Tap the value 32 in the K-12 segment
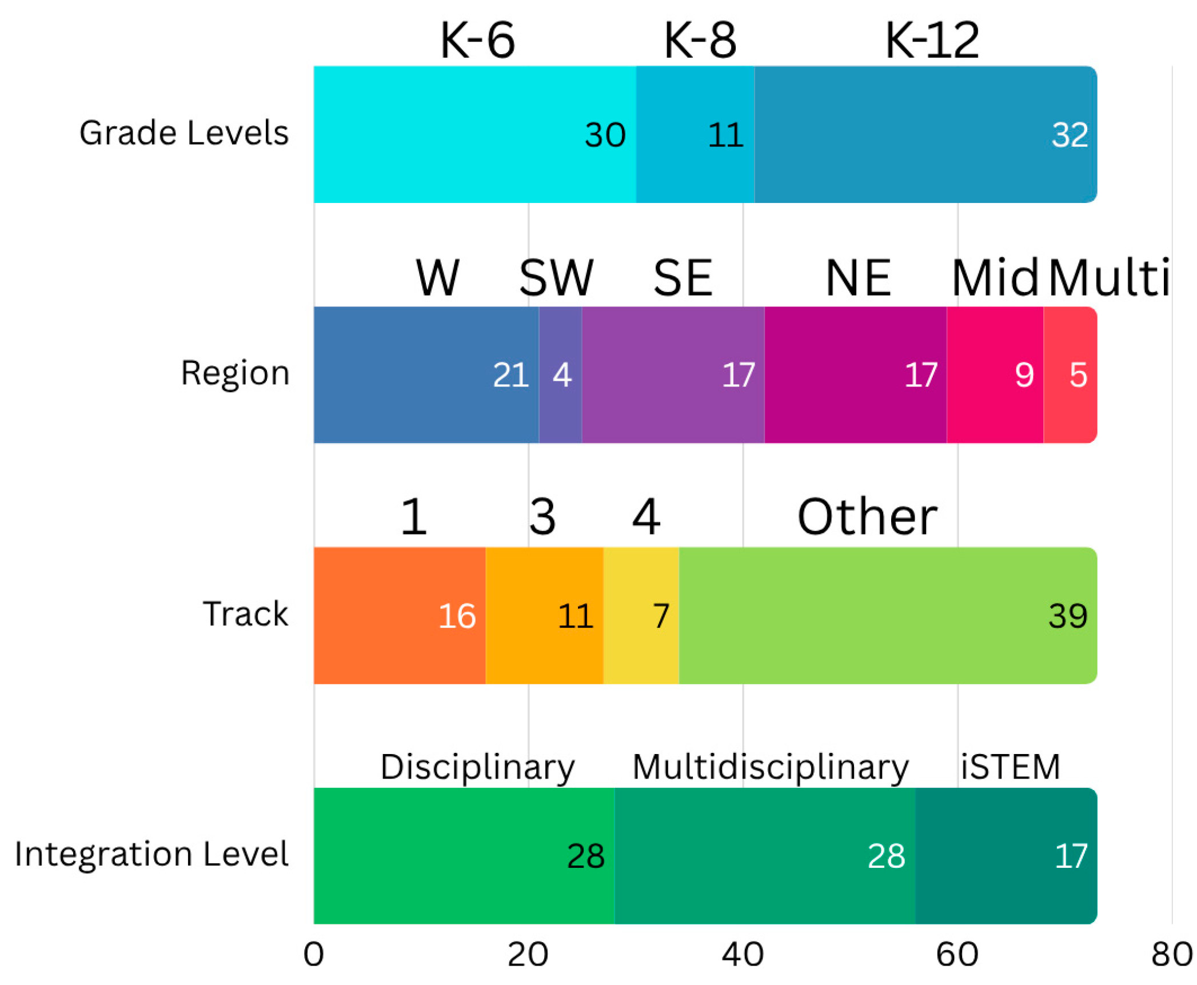(1069, 135)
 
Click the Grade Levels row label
(183, 133)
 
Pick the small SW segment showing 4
(561, 375)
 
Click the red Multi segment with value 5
(1070, 375)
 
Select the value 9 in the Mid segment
(1024, 376)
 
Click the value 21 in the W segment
(510, 376)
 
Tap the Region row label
(235, 373)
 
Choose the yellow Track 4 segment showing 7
(641, 616)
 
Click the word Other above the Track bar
(867, 517)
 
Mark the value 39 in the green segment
(1067, 616)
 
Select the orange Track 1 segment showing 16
(400, 616)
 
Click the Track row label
(245, 614)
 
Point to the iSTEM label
(1010, 767)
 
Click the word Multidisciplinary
(770, 767)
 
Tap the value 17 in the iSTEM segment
(1070, 856)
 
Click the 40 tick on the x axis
(743, 954)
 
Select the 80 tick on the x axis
(1172, 954)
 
